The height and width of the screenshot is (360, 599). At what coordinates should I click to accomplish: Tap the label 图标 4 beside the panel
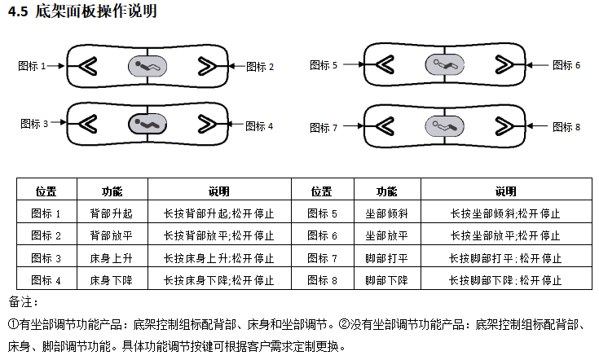259,126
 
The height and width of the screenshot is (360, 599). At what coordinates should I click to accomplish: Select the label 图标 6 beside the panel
566,65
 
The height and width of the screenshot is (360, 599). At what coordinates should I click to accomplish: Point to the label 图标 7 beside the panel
324,128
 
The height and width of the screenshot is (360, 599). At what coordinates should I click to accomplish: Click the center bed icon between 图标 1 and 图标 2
148,65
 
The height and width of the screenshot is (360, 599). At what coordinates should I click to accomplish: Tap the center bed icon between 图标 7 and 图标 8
444,125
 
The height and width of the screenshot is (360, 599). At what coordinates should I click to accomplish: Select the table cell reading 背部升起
112,213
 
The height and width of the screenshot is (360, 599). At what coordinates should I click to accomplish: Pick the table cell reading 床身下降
112,279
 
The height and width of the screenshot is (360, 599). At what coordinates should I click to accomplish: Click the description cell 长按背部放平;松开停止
218,235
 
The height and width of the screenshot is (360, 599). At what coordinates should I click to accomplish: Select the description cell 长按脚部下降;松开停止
505,279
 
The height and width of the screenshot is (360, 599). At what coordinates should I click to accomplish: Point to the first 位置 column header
46,191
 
